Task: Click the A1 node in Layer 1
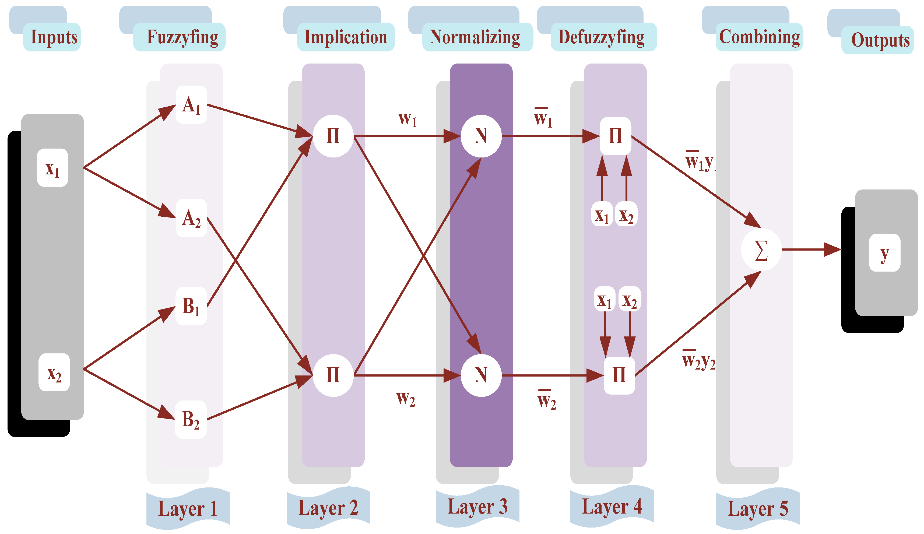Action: click(191, 105)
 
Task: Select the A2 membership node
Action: click(191, 218)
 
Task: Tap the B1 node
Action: click(191, 306)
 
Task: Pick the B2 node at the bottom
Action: click(191, 420)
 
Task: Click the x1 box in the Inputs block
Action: click(52, 168)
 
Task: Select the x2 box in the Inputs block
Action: click(54, 373)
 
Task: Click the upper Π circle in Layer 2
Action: click(333, 136)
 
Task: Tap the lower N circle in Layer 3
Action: click(481, 375)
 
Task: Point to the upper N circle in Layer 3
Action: click(481, 136)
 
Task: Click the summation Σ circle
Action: click(761, 250)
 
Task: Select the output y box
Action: click(884, 253)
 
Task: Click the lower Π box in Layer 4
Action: click(619, 375)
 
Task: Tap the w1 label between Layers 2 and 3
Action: click(407, 119)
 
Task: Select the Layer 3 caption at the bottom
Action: click(477, 507)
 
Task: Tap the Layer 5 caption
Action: click(758, 508)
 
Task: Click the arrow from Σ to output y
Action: click(810, 250)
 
